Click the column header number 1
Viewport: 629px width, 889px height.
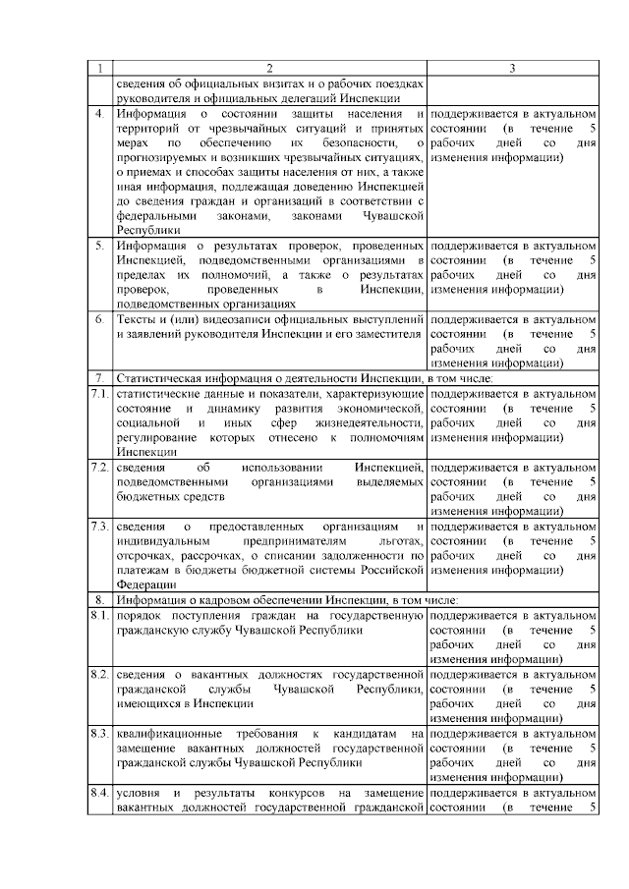tap(99, 68)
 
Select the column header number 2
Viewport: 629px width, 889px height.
tap(269, 68)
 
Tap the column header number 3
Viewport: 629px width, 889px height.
tap(512, 68)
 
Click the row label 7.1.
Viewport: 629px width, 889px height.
tap(98, 393)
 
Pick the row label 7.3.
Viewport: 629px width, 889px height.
tap(98, 527)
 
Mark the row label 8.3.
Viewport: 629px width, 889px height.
tap(98, 734)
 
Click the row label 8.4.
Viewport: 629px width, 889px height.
tap(98, 793)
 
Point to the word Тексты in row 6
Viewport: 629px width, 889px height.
tap(135, 319)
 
